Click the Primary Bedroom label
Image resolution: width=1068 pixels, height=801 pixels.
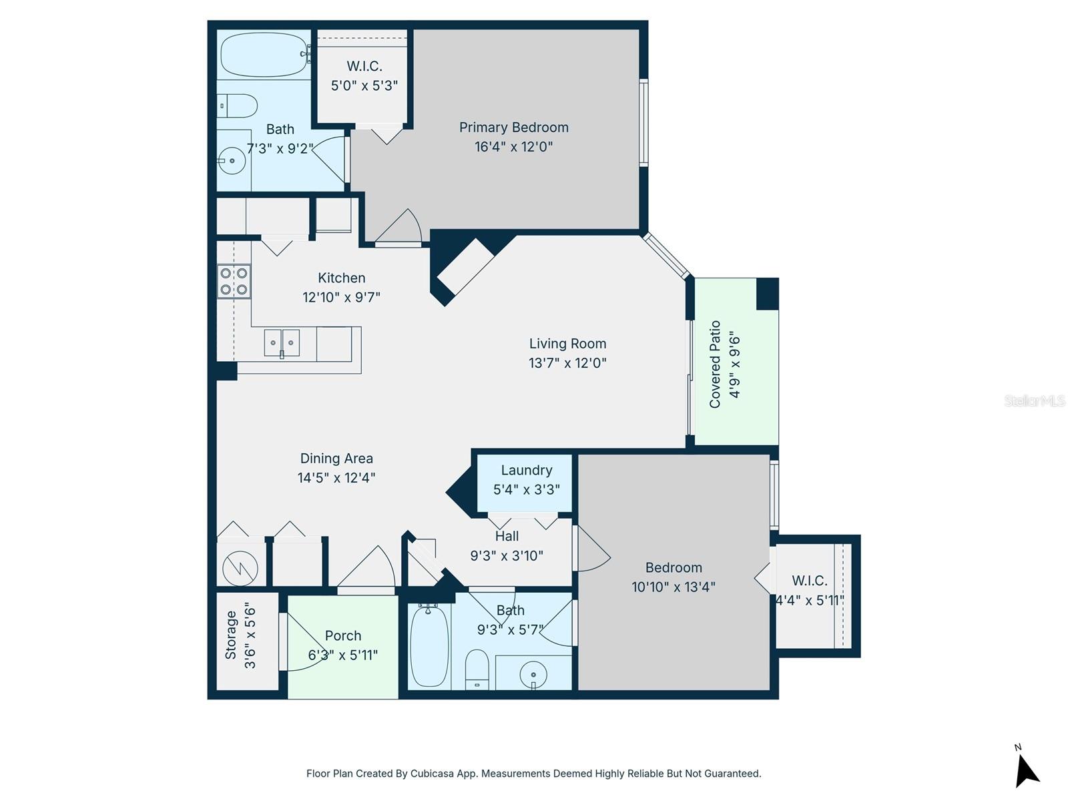[513, 127]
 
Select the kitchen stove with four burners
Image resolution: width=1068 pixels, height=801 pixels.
[234, 281]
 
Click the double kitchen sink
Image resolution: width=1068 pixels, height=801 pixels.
[281, 342]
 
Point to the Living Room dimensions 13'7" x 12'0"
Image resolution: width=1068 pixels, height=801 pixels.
[567, 363]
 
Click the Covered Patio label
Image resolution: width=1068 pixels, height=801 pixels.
[716, 364]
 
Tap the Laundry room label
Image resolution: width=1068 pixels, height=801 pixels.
[526, 471]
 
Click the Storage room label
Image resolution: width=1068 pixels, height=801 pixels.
[231, 635]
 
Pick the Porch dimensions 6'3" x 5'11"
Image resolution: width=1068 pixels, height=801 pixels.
[342, 655]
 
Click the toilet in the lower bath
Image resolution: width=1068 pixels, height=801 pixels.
[477, 669]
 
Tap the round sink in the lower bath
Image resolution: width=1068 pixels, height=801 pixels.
[533, 674]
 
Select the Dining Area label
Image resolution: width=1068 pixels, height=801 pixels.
[336, 459]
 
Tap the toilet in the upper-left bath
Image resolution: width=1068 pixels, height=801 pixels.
[239, 105]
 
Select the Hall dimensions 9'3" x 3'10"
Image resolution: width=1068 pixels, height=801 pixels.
[507, 555]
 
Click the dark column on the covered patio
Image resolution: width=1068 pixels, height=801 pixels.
[767, 294]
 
